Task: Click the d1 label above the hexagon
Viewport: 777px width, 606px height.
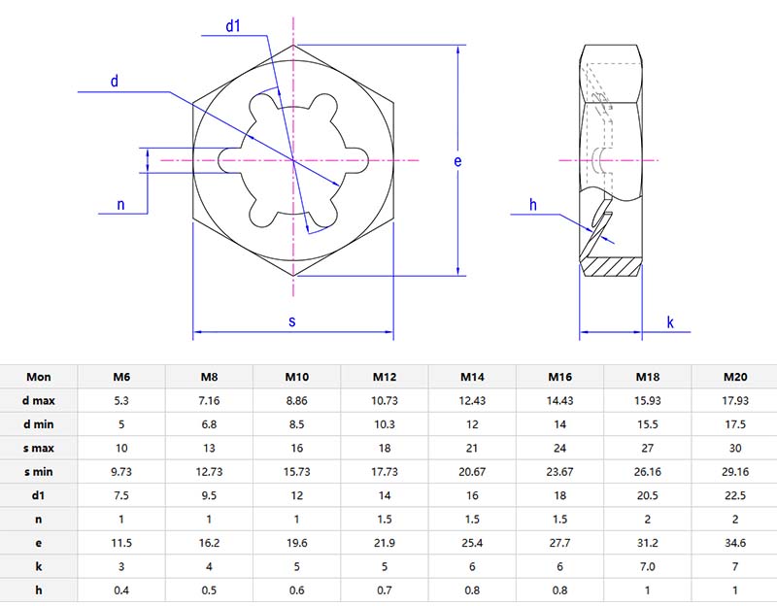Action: (x=233, y=26)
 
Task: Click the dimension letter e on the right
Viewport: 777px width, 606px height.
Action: (x=457, y=161)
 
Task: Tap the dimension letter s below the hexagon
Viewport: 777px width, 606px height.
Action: (x=292, y=320)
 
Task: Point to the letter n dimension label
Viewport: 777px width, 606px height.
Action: (x=120, y=204)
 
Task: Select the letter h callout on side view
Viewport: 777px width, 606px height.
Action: (x=533, y=204)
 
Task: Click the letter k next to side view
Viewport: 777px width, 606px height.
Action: (x=670, y=321)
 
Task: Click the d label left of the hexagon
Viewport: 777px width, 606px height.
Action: (x=115, y=82)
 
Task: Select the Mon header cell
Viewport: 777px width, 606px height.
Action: (x=39, y=377)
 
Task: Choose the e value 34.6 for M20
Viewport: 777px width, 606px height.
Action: (x=735, y=543)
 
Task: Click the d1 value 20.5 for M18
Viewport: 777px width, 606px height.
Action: (x=648, y=495)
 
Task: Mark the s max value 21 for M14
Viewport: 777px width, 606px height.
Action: (x=472, y=448)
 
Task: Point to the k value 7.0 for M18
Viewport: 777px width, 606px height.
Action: (x=648, y=566)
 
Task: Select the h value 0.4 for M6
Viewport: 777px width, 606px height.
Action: (x=121, y=590)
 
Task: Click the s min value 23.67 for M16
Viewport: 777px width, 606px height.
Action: (x=560, y=472)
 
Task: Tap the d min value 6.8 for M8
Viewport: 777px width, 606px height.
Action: (x=209, y=424)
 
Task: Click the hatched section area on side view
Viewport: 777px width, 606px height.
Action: (x=613, y=263)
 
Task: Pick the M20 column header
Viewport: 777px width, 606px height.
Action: (x=735, y=377)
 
